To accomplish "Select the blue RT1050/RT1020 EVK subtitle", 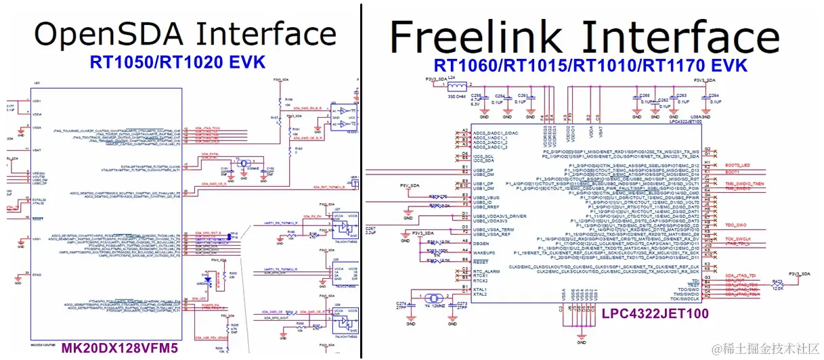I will click(177, 63).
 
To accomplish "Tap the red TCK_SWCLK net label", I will click(740, 239).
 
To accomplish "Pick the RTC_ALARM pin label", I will click(487, 271).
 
